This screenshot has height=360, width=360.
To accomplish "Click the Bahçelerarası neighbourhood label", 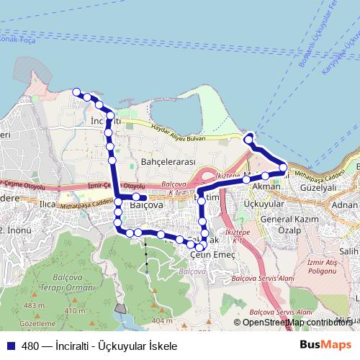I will pos(169,163).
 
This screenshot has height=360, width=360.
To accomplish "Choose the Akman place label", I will pos(266,186).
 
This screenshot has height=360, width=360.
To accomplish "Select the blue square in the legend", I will pos(11,346).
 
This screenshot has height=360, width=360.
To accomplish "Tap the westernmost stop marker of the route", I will pos(76,91).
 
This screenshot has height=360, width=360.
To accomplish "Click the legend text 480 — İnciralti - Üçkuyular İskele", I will pos(99,346).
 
